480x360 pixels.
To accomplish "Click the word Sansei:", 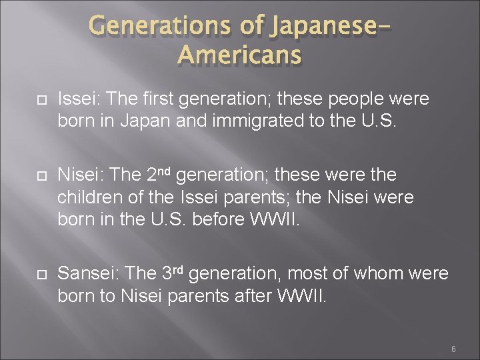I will [x=87, y=274].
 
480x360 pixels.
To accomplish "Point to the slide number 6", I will [x=453, y=349].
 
